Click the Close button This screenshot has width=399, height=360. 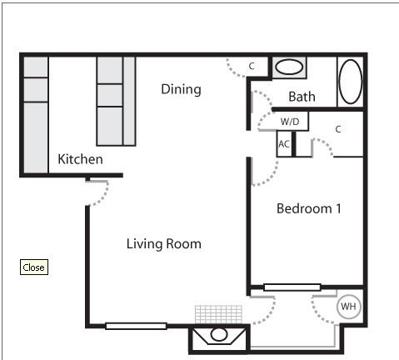pos(34,267)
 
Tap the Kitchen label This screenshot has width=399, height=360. pos(80,159)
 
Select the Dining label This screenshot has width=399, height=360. pos(181,89)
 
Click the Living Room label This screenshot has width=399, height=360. pos(164,244)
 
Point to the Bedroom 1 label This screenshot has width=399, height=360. pos(309,208)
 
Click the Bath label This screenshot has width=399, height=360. pos(302,97)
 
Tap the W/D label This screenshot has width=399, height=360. pos(290,122)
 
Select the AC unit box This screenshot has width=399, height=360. pos(284,144)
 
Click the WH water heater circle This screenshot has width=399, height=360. pos(348,307)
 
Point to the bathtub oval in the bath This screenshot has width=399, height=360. pos(351,82)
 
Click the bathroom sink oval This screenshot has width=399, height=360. pos(289,67)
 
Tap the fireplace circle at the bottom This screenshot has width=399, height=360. pos(219,334)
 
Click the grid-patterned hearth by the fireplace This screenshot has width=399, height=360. pos(218,315)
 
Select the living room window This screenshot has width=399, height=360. pos(136,326)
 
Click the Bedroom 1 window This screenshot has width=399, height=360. pos(292,287)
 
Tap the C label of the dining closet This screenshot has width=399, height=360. pos(252,66)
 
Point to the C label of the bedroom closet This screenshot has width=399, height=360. pos(338,129)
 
